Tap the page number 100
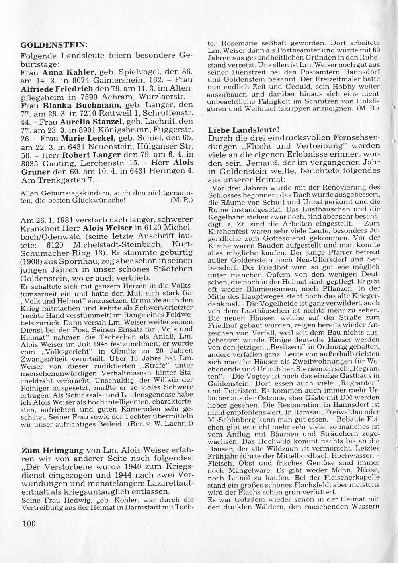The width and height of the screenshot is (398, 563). coord(30,523)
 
